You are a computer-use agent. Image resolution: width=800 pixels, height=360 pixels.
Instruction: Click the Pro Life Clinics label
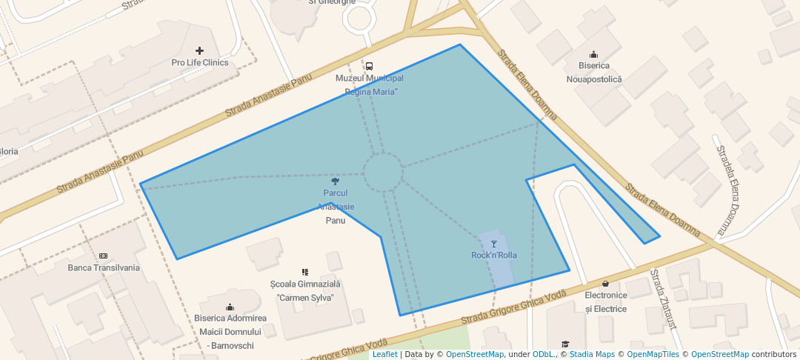coord(199,63)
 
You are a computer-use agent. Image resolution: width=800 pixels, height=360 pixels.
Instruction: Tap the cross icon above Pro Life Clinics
coord(199,51)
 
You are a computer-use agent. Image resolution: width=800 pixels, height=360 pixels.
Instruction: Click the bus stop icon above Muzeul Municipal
coord(370,66)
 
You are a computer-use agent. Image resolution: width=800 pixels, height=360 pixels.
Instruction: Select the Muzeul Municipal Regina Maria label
coord(370,85)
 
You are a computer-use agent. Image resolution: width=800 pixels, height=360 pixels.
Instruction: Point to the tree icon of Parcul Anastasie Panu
coord(336,181)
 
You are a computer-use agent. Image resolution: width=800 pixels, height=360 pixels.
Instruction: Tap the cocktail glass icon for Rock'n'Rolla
coord(494,244)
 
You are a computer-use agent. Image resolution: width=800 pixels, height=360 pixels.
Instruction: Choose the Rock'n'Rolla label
coord(494,256)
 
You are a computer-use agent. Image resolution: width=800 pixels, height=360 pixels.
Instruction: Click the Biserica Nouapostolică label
coord(594,73)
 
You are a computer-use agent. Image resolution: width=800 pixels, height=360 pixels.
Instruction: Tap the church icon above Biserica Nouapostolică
coord(593,54)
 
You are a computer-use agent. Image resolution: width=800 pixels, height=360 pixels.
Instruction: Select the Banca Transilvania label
coord(104,267)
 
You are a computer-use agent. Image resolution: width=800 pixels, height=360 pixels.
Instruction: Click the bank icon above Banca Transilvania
coord(103,256)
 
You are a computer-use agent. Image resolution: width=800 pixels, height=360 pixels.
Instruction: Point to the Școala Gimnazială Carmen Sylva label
coord(304,290)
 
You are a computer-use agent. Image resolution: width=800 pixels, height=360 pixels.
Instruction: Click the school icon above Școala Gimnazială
coord(304,272)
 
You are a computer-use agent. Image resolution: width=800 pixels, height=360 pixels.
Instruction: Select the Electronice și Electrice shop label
coord(606,301)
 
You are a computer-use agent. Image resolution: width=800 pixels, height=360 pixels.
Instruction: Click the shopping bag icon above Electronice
coord(606,283)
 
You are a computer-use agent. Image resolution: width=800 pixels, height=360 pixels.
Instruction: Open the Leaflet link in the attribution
coord(384,354)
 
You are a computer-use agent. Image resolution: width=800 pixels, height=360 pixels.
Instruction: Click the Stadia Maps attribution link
coord(592,354)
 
